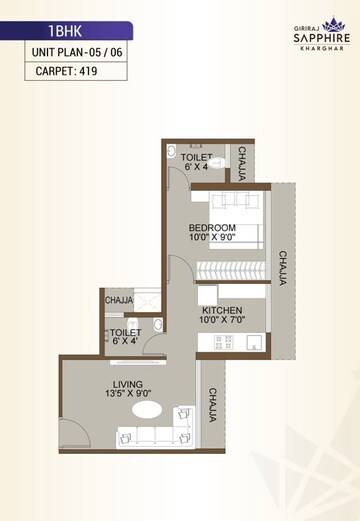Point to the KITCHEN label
click(220, 311)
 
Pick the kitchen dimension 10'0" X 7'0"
click(220, 321)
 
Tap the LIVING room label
click(128, 384)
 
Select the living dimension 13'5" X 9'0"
click(128, 394)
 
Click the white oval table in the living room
click(146, 409)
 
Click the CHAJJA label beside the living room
click(213, 406)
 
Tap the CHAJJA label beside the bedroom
click(283, 268)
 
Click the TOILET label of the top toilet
click(195, 157)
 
